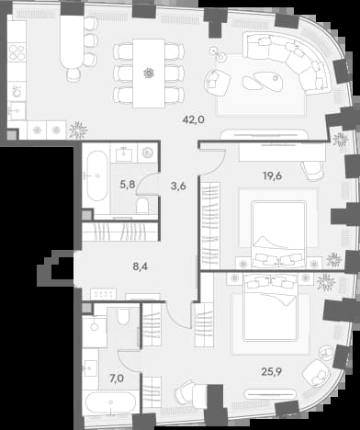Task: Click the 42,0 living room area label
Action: click(x=193, y=119)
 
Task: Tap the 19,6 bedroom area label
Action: click(x=272, y=175)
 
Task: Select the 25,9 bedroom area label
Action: click(x=271, y=371)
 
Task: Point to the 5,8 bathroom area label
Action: click(x=127, y=185)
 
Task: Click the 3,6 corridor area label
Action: click(x=178, y=186)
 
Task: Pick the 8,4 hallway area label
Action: click(x=141, y=266)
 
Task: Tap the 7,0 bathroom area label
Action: click(x=117, y=379)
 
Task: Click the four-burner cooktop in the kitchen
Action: click(x=17, y=52)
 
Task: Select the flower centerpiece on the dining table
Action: click(x=149, y=74)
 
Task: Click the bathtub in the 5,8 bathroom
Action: click(x=97, y=175)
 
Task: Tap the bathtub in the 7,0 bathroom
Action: click(x=111, y=402)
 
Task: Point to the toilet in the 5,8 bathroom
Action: click(x=142, y=205)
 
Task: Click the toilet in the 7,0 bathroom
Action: click(x=124, y=316)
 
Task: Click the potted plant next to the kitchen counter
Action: click(x=78, y=130)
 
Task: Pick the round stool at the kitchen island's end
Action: click(x=73, y=74)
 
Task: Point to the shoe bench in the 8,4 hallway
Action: click(x=103, y=294)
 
